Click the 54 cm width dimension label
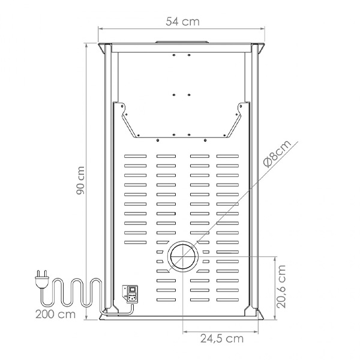click(x=182, y=22)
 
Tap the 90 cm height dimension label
click(x=80, y=181)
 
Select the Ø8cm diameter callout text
click(x=277, y=154)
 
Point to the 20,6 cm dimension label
click(x=281, y=287)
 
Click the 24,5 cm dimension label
click(x=222, y=339)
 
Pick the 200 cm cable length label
click(x=56, y=314)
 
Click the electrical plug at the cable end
click(x=42, y=279)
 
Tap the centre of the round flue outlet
click(x=183, y=256)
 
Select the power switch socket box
click(x=130, y=294)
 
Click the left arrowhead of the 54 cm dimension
click(x=101, y=29)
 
